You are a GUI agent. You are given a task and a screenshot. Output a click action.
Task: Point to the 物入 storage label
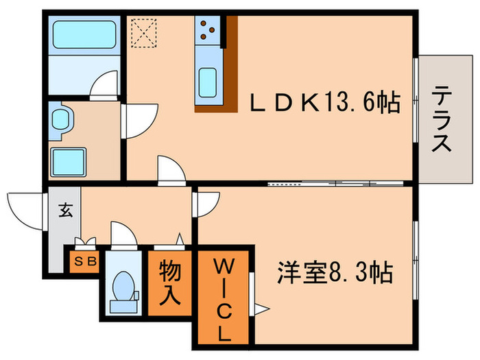[x=170, y=283]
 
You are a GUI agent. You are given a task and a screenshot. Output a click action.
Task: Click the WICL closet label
[x=226, y=300]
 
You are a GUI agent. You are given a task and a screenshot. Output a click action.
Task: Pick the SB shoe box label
[x=84, y=261]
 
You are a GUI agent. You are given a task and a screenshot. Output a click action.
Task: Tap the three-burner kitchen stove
[x=208, y=29]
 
